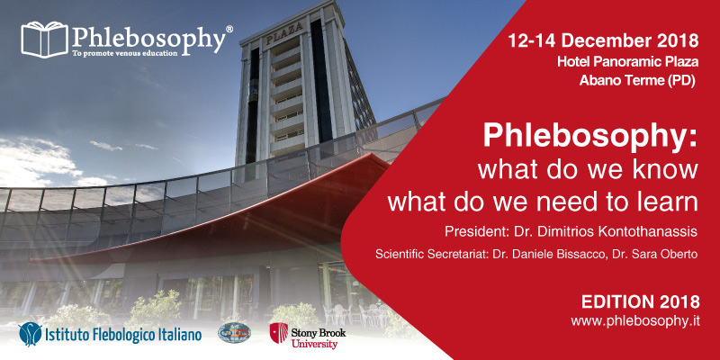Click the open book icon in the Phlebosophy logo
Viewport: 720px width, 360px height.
(x=44, y=40)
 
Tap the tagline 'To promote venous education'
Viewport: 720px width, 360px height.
(x=124, y=53)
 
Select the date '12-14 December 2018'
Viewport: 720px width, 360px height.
(x=603, y=40)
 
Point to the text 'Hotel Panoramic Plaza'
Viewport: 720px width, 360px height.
(x=627, y=62)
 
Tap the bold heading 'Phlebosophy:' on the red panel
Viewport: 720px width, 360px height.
(x=590, y=138)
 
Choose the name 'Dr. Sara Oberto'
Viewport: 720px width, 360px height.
(x=655, y=254)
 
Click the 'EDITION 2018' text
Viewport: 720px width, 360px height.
(x=640, y=302)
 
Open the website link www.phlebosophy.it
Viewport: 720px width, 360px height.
(x=635, y=321)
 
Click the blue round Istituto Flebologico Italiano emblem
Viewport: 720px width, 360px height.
(x=31, y=334)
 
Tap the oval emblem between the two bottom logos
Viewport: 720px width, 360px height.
(x=234, y=332)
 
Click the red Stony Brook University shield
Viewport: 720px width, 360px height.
(x=278, y=333)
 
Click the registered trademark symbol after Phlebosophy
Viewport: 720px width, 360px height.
(x=229, y=29)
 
